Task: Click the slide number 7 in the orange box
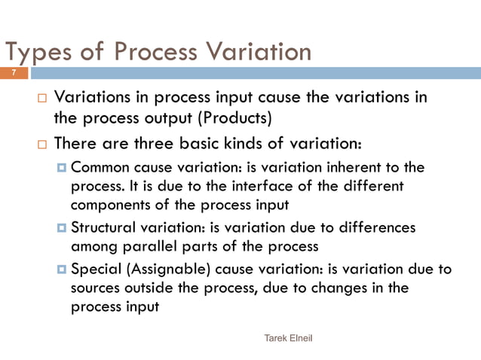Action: (x=14, y=73)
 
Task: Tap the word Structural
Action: (x=105, y=227)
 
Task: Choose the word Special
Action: (x=94, y=270)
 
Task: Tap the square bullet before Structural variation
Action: (x=62, y=227)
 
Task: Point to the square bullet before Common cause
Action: (x=62, y=167)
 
